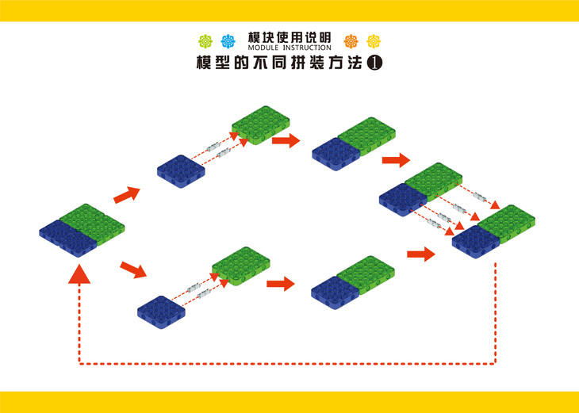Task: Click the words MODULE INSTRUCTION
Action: pos(289,48)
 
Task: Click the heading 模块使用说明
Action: pos(289,37)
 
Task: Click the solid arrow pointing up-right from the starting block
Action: pos(127,193)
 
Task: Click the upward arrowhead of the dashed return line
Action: pos(79,273)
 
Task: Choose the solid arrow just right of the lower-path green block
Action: pos(281,283)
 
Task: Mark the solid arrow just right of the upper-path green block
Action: pos(286,141)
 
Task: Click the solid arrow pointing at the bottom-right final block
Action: pos(421,254)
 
